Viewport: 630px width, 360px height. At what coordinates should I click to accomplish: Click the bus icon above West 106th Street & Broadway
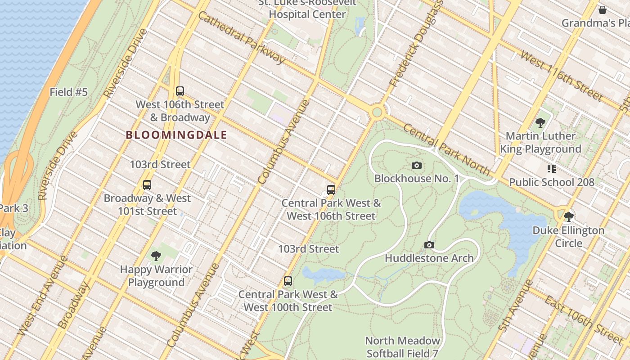(180, 91)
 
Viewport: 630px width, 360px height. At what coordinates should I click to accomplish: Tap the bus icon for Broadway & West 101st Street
(147, 185)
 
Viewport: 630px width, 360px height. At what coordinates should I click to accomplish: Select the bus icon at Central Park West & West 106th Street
(331, 190)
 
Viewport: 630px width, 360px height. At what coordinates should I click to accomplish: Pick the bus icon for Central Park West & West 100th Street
(288, 281)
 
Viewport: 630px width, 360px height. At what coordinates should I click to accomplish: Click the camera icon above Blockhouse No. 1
(417, 166)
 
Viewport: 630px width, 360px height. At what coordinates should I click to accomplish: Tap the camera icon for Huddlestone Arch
(429, 245)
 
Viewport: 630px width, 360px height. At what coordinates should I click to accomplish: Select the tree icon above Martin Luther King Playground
(540, 122)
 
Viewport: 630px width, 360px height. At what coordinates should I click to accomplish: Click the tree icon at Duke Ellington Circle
(569, 217)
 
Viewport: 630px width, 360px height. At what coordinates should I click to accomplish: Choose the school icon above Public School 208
(552, 169)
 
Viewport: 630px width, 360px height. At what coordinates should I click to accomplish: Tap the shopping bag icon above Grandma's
(603, 10)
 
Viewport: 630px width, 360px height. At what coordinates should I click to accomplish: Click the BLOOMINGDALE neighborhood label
(176, 135)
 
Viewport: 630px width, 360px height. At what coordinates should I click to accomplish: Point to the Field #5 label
(68, 92)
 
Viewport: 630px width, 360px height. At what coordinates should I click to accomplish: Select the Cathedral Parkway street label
(242, 37)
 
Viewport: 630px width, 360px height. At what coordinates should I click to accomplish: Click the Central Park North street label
(446, 149)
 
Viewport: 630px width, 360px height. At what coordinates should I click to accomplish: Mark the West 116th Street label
(561, 76)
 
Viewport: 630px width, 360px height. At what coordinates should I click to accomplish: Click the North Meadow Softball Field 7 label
(402, 347)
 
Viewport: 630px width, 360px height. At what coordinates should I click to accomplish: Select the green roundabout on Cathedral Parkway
(377, 112)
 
